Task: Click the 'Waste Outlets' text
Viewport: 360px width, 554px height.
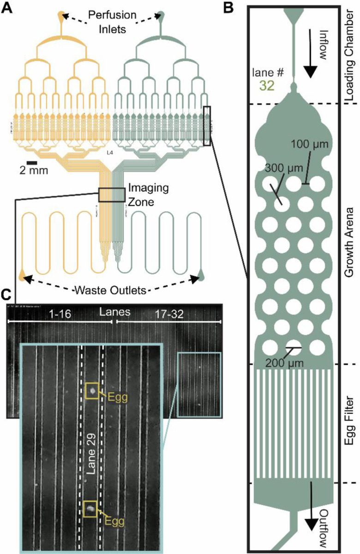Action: [111, 290]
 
